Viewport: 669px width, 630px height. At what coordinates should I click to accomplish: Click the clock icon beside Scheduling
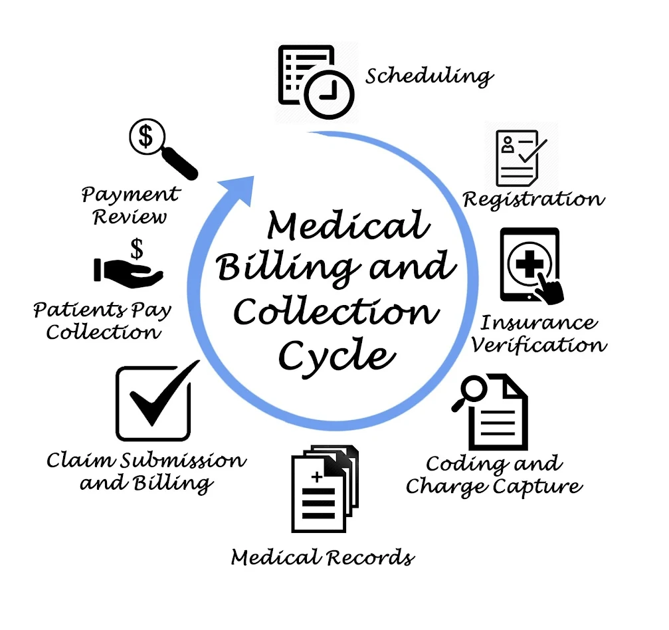329,94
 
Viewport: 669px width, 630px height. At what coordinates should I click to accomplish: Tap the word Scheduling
429,76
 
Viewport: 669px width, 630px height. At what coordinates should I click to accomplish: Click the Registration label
533,199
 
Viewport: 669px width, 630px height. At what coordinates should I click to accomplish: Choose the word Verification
543,346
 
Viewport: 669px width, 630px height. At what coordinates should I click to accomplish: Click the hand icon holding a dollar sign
128,269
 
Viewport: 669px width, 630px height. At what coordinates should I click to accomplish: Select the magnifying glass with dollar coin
160,147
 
